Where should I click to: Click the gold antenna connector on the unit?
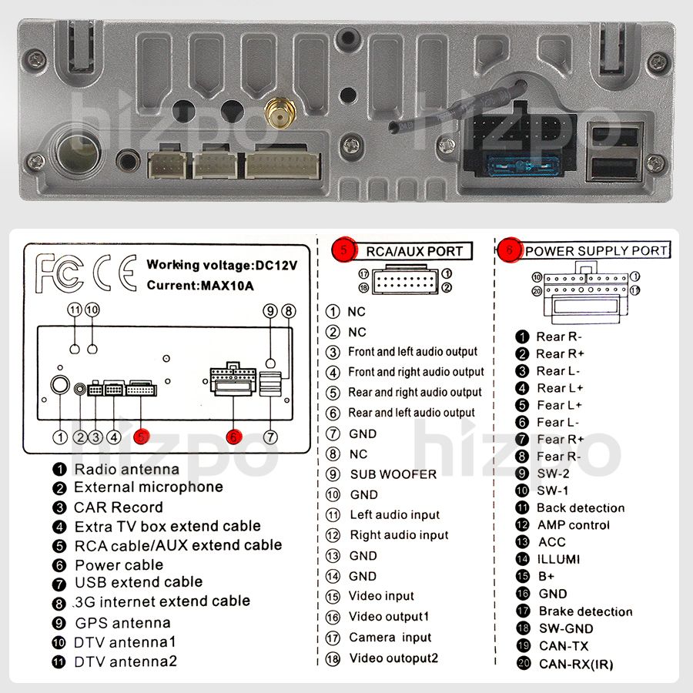pyautogui.click(x=278, y=115)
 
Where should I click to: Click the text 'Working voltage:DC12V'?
pyautogui.click(x=222, y=265)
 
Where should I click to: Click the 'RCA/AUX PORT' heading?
pyautogui.click(x=414, y=251)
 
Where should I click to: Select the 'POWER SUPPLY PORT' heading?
pyautogui.click(x=596, y=250)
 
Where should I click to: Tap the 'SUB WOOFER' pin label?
pyautogui.click(x=393, y=474)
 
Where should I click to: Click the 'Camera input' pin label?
pyautogui.click(x=390, y=638)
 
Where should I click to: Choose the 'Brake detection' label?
pyautogui.click(x=584, y=611)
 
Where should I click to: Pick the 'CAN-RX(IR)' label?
pyautogui.click(x=576, y=664)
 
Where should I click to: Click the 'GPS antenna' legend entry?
pyautogui.click(x=122, y=623)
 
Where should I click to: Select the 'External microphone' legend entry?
pyautogui.click(x=148, y=487)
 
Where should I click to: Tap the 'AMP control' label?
pyautogui.click(x=573, y=525)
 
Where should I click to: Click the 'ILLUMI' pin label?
pyautogui.click(x=559, y=560)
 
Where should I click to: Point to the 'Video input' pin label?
pyautogui.click(x=381, y=596)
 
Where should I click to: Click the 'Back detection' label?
pyautogui.click(x=581, y=508)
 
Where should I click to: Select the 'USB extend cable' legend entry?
pyautogui.click(x=139, y=583)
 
